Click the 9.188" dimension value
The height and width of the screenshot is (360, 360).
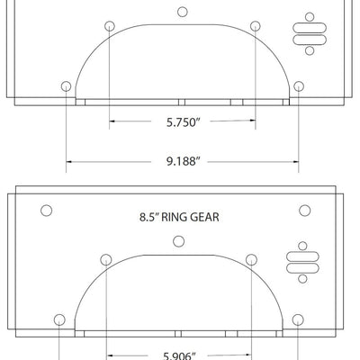[182, 162]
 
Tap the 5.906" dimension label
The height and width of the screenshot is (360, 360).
[182, 354]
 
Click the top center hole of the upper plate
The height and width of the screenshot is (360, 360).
[183, 12]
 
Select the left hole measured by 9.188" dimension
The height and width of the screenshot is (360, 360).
[66, 85]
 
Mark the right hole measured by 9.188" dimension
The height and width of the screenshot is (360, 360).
[299, 85]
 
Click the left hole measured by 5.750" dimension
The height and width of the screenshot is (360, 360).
[109, 24]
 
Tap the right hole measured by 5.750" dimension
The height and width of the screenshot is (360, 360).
[256, 24]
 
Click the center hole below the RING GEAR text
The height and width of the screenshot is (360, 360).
[178, 239]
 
